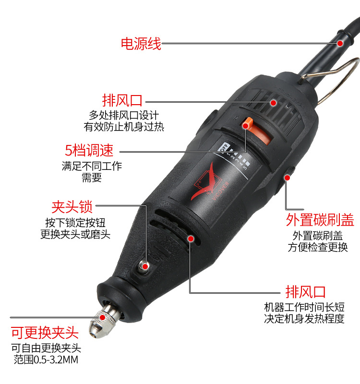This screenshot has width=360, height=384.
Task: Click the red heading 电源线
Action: coord(141,44)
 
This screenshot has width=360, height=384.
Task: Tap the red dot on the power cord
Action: coord(340,43)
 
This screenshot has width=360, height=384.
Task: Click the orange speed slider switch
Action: coord(257,131)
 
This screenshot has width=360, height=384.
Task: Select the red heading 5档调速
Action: coord(89,150)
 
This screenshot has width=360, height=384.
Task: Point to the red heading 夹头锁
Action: coord(72,207)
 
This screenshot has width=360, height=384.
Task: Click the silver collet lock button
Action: coord(143,266)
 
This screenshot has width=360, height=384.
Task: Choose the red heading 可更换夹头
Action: coord(45,333)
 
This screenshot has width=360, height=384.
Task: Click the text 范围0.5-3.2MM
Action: coord(46,360)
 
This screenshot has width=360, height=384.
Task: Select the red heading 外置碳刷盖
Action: coord(320,220)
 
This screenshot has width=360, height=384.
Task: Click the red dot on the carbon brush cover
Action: coord(288,177)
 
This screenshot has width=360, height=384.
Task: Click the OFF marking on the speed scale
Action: coord(225,148)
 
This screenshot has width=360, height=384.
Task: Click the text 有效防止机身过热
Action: coord(124,127)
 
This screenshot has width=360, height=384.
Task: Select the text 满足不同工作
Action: coord(92,166)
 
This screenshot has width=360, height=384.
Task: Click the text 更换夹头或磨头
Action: coord(75,234)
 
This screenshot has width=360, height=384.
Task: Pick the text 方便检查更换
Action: coord(318,247)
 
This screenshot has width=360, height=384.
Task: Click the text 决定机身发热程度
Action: coord(304,318)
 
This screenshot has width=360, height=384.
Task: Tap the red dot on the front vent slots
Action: coord(191,238)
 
